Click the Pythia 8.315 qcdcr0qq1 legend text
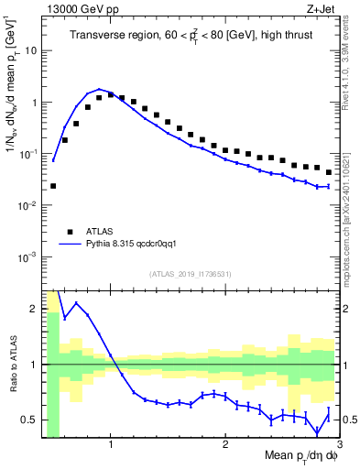pos(136,245)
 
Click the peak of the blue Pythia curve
pos(99,90)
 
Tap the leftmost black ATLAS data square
pos(53,186)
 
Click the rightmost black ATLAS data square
pos(329,172)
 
